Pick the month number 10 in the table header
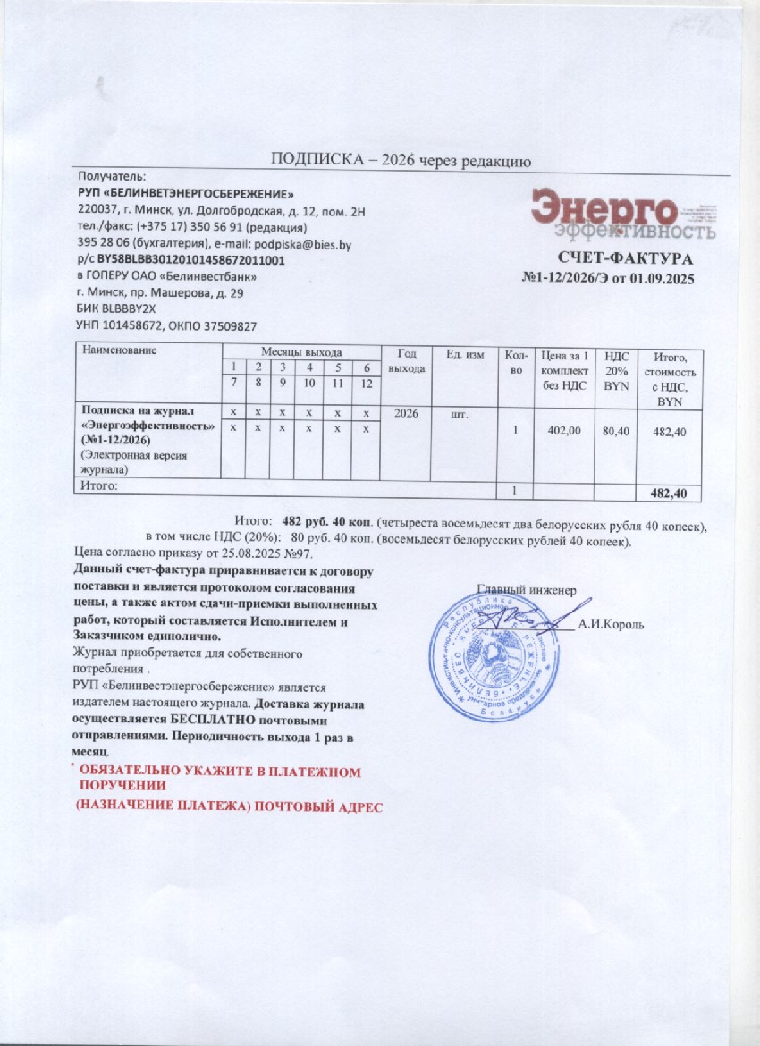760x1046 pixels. point(308,383)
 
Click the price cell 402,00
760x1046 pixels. point(564,431)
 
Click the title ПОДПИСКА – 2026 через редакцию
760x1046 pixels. point(401,162)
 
